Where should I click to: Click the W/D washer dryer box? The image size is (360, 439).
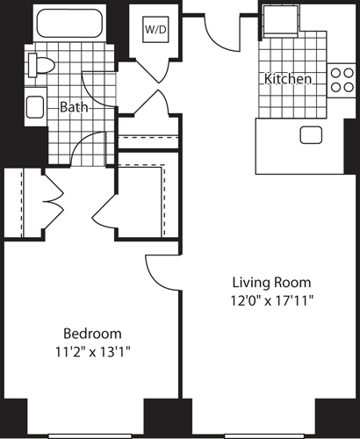point(155,28)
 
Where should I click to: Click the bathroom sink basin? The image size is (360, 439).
point(35,107)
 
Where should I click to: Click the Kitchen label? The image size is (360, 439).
point(288,79)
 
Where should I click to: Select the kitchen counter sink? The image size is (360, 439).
point(310,134)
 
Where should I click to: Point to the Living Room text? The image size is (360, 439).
point(271,283)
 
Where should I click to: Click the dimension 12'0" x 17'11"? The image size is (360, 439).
point(271,300)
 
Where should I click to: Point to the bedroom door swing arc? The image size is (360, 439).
point(161,273)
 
